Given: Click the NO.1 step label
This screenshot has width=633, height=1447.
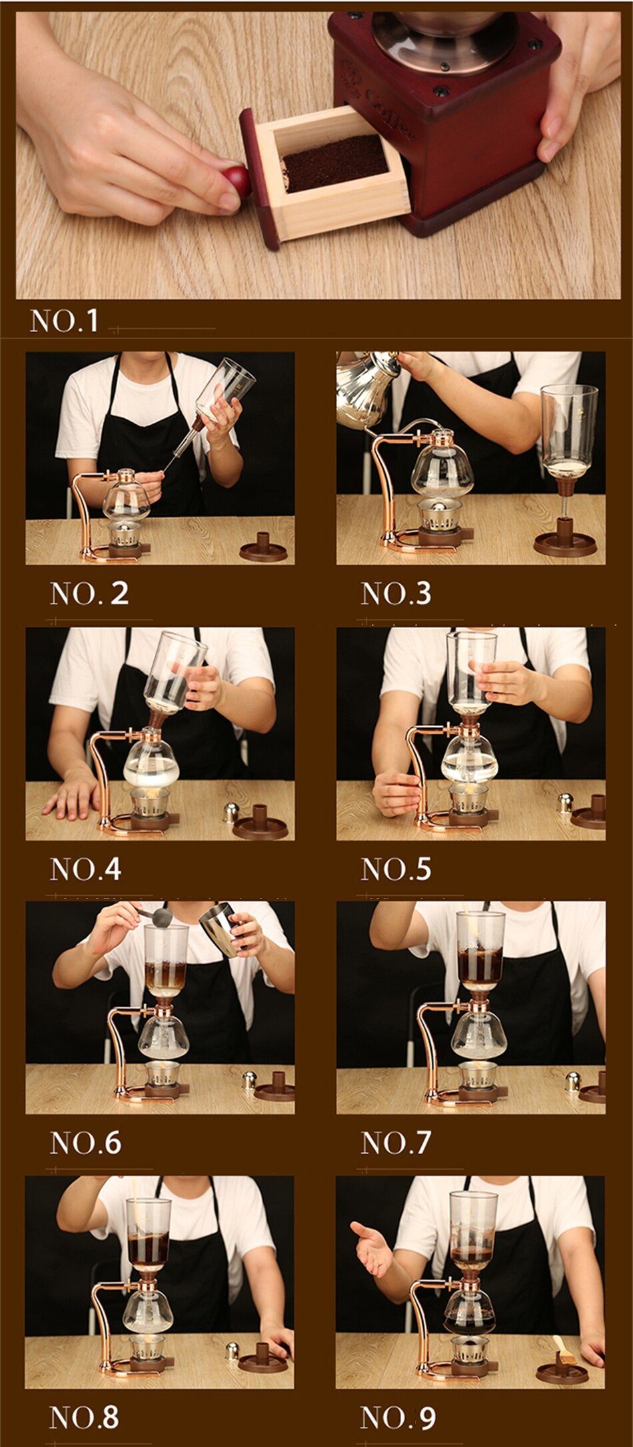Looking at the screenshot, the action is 64,320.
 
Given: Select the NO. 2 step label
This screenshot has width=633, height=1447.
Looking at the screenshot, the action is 89,593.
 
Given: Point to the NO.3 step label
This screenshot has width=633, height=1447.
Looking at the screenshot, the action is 396,593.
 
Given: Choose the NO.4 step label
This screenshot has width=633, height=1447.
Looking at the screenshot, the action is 85,869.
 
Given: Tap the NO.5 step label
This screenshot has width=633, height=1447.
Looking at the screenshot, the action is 396,869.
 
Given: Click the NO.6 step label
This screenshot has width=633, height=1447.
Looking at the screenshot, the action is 85,1142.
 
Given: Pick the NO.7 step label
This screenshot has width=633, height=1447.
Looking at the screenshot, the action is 396,1142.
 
